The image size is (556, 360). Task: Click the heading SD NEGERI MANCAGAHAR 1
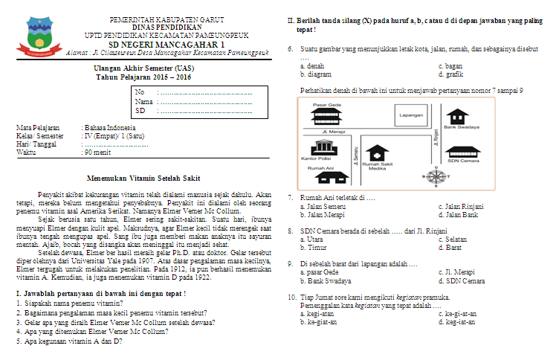point(167,45)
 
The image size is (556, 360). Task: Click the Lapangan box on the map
point(411,116)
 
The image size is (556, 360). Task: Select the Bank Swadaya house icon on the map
point(459,117)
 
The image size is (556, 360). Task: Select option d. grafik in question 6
point(450,74)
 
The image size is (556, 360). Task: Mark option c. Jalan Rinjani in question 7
point(461,206)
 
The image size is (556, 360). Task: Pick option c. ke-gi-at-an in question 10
point(457,313)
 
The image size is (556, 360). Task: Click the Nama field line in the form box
point(204,101)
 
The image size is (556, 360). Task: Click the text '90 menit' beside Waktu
point(97,152)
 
